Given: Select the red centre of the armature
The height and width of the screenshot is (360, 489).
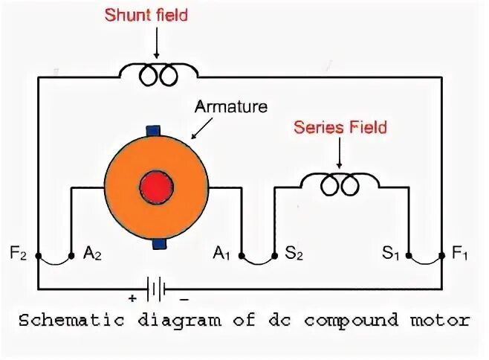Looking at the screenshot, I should pyautogui.click(x=158, y=186).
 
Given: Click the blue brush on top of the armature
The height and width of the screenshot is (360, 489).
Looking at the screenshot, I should pyautogui.click(x=155, y=130).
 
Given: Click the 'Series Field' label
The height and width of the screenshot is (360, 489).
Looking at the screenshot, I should pyautogui.click(x=340, y=127).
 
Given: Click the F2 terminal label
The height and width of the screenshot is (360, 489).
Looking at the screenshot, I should pyautogui.click(x=19, y=253).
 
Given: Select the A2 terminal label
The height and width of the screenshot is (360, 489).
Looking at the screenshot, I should pyautogui.click(x=92, y=254).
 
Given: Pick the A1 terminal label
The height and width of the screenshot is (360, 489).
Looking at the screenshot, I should pyautogui.click(x=221, y=253).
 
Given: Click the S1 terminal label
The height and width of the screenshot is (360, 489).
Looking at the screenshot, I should pyautogui.click(x=391, y=253).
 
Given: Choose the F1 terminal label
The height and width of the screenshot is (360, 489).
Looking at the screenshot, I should pyautogui.click(x=461, y=253).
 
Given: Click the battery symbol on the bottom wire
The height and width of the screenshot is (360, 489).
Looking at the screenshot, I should pyautogui.click(x=156, y=287).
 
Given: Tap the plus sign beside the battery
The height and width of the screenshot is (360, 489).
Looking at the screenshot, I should pyautogui.click(x=132, y=299).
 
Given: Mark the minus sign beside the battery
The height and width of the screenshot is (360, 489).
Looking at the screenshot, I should pyautogui.click(x=184, y=299).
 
